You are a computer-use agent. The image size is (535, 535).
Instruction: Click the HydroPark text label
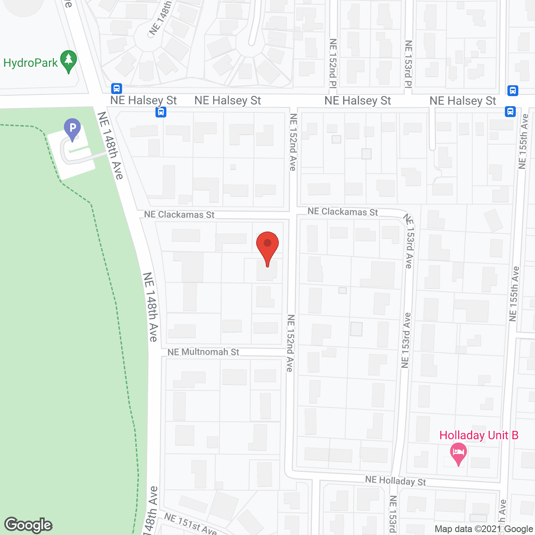click(x=31, y=63)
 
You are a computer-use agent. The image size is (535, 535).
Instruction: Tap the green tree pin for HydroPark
click(x=69, y=61)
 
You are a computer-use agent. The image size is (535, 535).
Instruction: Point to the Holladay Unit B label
click(x=479, y=436)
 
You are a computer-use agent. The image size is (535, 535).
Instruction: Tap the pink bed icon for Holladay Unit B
click(x=459, y=453)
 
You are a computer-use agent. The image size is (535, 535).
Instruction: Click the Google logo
click(x=28, y=525)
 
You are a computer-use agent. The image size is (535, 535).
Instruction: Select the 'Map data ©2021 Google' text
click(x=484, y=529)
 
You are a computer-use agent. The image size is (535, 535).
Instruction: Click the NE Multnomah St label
click(x=203, y=352)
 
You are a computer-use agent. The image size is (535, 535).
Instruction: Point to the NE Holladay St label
click(x=395, y=481)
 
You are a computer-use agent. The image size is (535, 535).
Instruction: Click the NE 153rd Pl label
click(x=408, y=64)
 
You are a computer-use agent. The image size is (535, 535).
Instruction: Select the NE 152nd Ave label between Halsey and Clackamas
click(x=293, y=142)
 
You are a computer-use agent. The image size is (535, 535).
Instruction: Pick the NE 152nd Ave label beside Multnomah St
click(x=290, y=343)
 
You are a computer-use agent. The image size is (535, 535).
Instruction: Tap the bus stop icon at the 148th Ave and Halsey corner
click(x=117, y=88)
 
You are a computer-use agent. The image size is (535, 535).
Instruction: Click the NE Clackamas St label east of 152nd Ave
click(x=343, y=212)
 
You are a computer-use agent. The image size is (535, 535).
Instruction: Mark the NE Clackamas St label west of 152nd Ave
click(x=179, y=214)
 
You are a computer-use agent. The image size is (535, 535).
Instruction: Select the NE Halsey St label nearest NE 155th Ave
click(x=463, y=101)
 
